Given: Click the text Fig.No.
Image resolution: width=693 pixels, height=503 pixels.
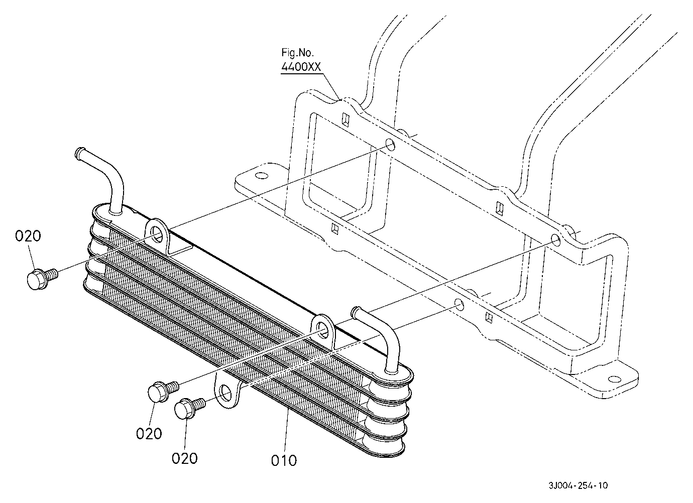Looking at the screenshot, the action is tap(297, 53).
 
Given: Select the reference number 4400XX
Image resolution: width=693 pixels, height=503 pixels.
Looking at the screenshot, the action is tap(301, 67).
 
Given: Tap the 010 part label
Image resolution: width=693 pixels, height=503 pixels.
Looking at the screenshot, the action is tap(284, 461).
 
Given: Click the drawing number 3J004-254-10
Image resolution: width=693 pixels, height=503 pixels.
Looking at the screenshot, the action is tap(578, 485).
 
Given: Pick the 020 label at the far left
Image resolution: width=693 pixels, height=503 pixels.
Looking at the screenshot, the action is tap(28, 236).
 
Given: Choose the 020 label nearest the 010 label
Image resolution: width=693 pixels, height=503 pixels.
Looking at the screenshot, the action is tap(185, 458).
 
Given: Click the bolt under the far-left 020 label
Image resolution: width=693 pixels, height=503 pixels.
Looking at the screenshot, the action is tap(42, 278).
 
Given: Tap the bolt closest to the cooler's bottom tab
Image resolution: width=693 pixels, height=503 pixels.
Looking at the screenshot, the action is tap(190, 408).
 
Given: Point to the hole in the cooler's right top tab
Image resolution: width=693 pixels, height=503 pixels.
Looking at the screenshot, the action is tap(323, 328).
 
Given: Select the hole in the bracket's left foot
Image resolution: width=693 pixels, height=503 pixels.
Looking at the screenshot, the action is tap(262, 176).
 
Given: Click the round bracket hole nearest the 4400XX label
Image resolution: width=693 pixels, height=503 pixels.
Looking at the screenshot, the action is tap(390, 144).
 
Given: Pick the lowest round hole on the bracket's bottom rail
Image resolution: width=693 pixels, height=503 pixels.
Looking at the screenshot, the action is tap(459, 305).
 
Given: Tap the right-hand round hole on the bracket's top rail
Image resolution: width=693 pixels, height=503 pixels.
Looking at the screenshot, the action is tap(555, 240).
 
